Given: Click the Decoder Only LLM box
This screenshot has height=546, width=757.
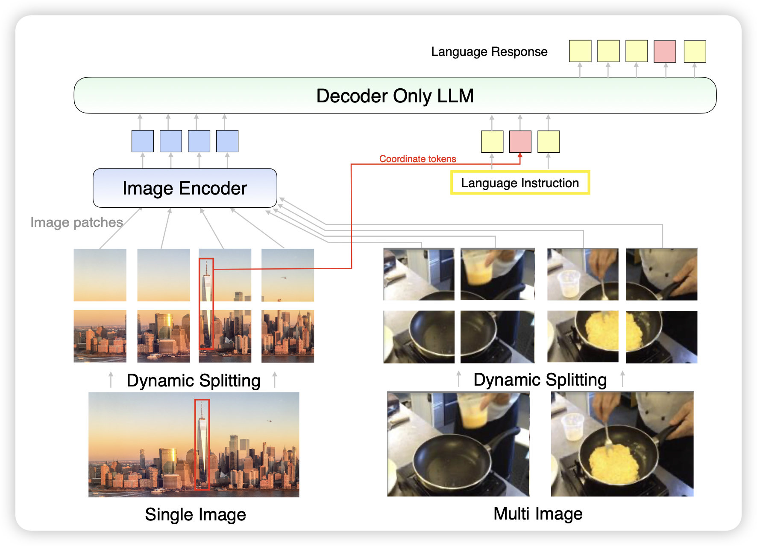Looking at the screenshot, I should pos(395,96).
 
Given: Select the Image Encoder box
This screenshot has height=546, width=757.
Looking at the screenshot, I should pos(185,188).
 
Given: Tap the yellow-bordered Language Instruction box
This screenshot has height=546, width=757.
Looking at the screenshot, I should pos(520,183).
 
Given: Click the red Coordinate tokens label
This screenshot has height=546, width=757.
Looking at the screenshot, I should pos(417,159).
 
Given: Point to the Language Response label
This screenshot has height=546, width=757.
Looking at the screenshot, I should pos(489,52).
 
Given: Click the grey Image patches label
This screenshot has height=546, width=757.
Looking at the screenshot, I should pos(76,222).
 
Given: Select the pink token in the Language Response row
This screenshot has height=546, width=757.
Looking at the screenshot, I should pos(665,52).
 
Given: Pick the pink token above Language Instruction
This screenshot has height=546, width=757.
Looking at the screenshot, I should pos(520,142).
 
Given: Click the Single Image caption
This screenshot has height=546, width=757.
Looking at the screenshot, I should pos(195,514).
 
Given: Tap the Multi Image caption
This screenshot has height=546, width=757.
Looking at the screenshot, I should pos(538,514).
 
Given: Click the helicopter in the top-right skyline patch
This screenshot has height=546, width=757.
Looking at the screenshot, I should pos(284,278).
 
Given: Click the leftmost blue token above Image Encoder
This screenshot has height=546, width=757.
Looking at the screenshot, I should pos(143,141).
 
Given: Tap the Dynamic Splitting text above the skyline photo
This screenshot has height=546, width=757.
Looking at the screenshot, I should pos(194,380).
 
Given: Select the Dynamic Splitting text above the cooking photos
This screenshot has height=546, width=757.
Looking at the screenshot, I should pos(540,380).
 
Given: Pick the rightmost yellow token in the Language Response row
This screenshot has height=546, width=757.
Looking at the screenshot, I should pos(695,52).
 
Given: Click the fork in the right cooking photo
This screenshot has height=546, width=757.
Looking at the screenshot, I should pos(607,435).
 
